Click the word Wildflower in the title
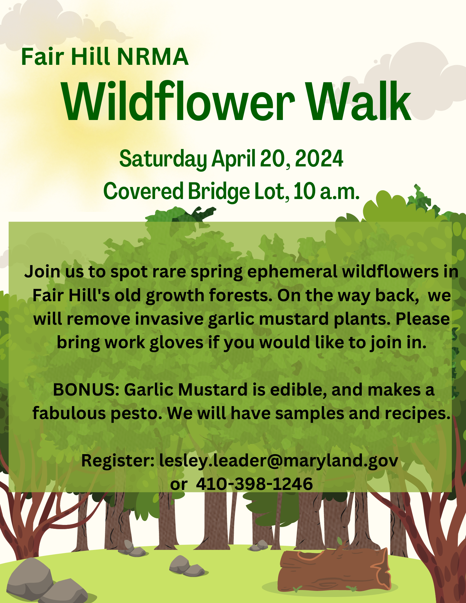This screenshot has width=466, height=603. pyautogui.click(x=178, y=101)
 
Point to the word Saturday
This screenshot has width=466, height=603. pyautogui.click(x=163, y=159)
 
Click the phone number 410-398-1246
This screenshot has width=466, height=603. pyautogui.click(x=254, y=484)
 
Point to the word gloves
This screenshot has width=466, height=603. pyautogui.click(x=176, y=343)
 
